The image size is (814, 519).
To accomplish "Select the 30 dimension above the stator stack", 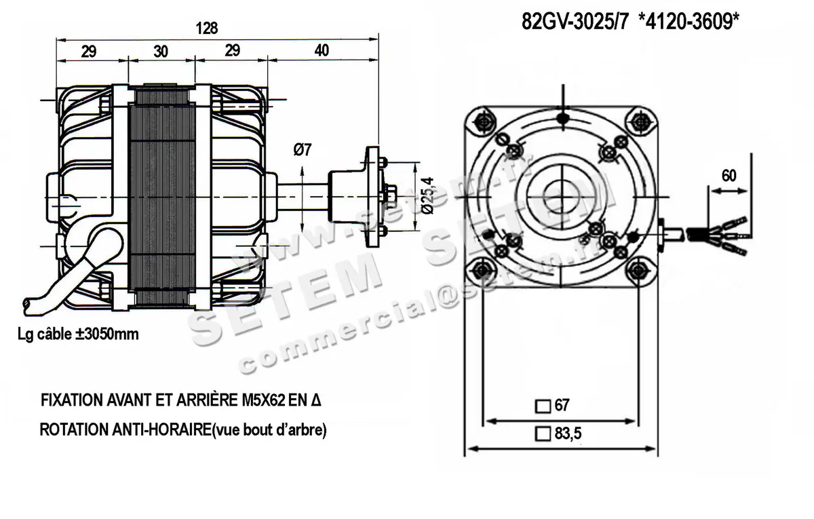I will point(161,51).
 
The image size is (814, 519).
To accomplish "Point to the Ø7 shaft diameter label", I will point(303,151).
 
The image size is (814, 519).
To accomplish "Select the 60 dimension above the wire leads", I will point(729,176).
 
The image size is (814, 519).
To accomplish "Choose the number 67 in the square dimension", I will point(562,406).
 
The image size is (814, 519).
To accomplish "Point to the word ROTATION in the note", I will point(69,431).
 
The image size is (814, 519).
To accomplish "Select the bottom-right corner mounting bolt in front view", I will point(638,271).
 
